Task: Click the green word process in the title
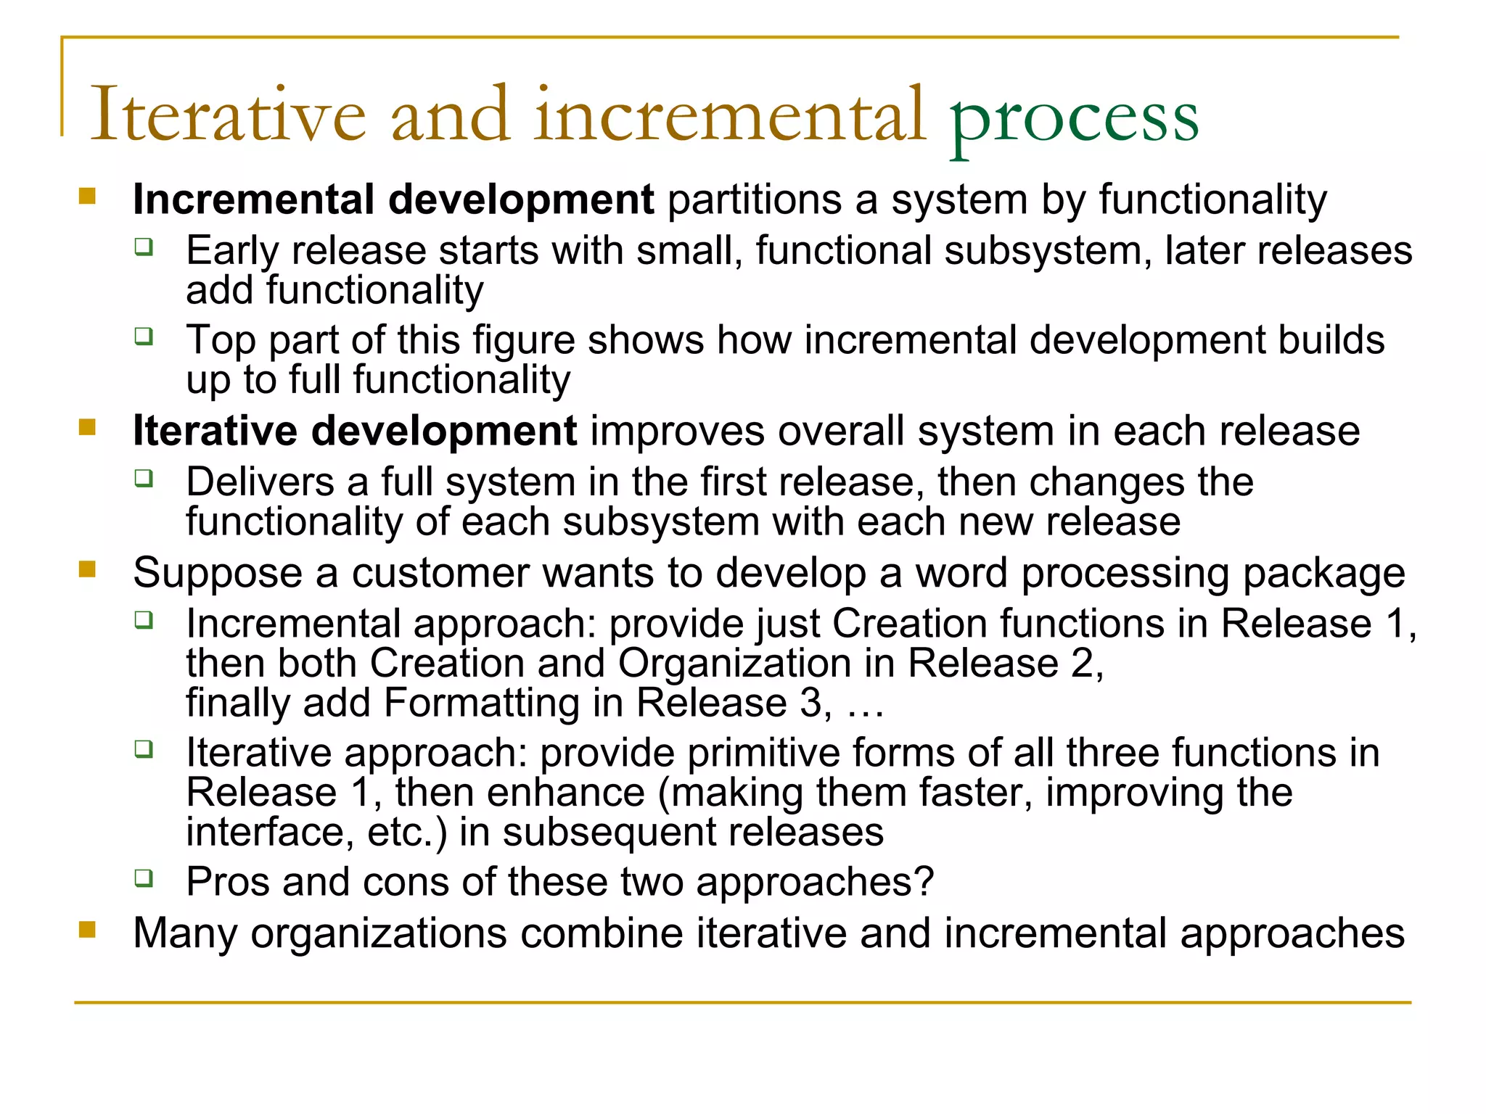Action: tap(1074, 119)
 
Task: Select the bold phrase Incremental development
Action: tap(393, 199)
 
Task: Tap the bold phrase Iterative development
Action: tap(355, 431)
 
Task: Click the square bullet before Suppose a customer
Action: tap(88, 569)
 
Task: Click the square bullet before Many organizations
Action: tap(88, 929)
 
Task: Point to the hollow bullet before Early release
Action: tap(144, 247)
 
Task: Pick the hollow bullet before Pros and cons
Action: tap(144, 878)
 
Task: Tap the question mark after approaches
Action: tap(924, 882)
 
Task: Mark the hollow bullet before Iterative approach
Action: tap(144, 748)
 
